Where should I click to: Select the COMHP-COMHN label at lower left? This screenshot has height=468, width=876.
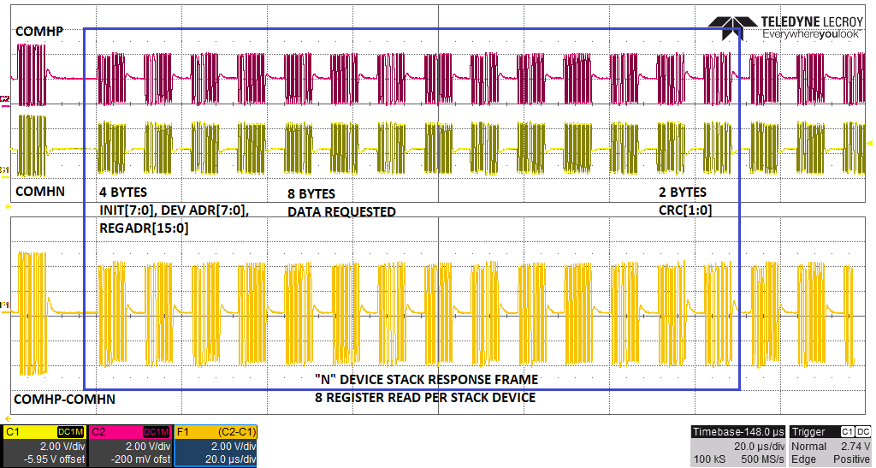(x=64, y=399)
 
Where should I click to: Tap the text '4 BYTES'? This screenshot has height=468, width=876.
(x=123, y=193)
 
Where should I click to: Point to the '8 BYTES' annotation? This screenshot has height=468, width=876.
(x=311, y=193)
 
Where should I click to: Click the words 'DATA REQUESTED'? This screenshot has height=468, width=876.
(x=341, y=211)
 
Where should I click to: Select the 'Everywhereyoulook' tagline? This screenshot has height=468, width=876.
(x=810, y=35)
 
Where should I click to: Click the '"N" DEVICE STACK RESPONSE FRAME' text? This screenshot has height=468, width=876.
(x=426, y=379)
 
